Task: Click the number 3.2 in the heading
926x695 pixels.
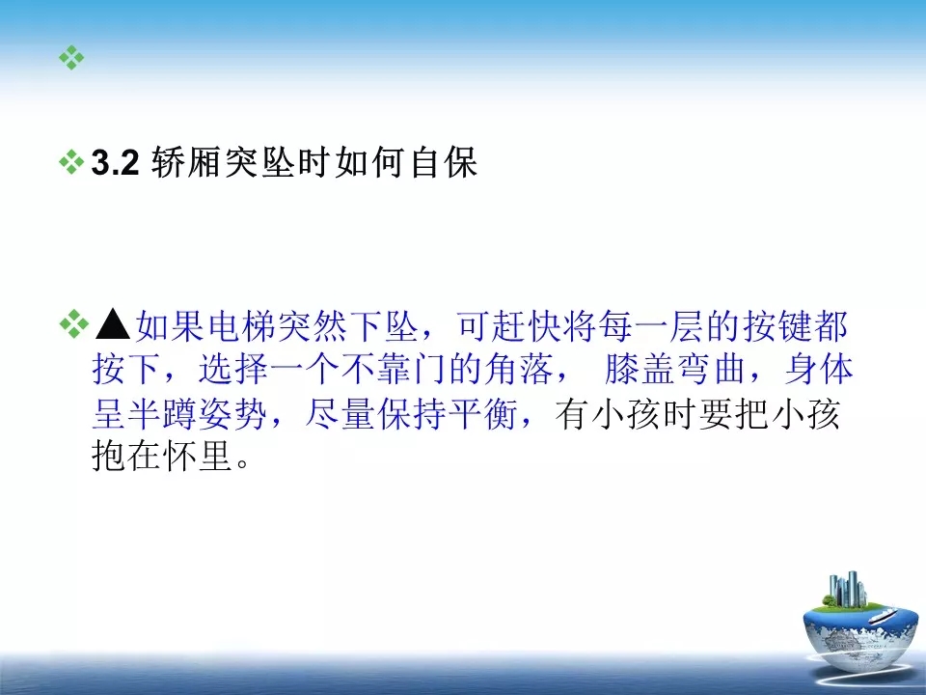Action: (x=115, y=163)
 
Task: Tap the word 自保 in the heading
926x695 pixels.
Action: (x=444, y=162)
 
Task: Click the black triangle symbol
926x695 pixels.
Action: (x=112, y=324)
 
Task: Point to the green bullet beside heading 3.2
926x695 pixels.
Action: (x=71, y=162)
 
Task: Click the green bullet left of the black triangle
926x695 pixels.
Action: (x=72, y=324)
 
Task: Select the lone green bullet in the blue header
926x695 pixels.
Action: (x=71, y=57)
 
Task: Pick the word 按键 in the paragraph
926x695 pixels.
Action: (x=777, y=325)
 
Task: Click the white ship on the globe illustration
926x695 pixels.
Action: (x=884, y=615)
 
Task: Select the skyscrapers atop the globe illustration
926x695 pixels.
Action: (x=848, y=589)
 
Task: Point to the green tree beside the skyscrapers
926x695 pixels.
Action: (x=830, y=599)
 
